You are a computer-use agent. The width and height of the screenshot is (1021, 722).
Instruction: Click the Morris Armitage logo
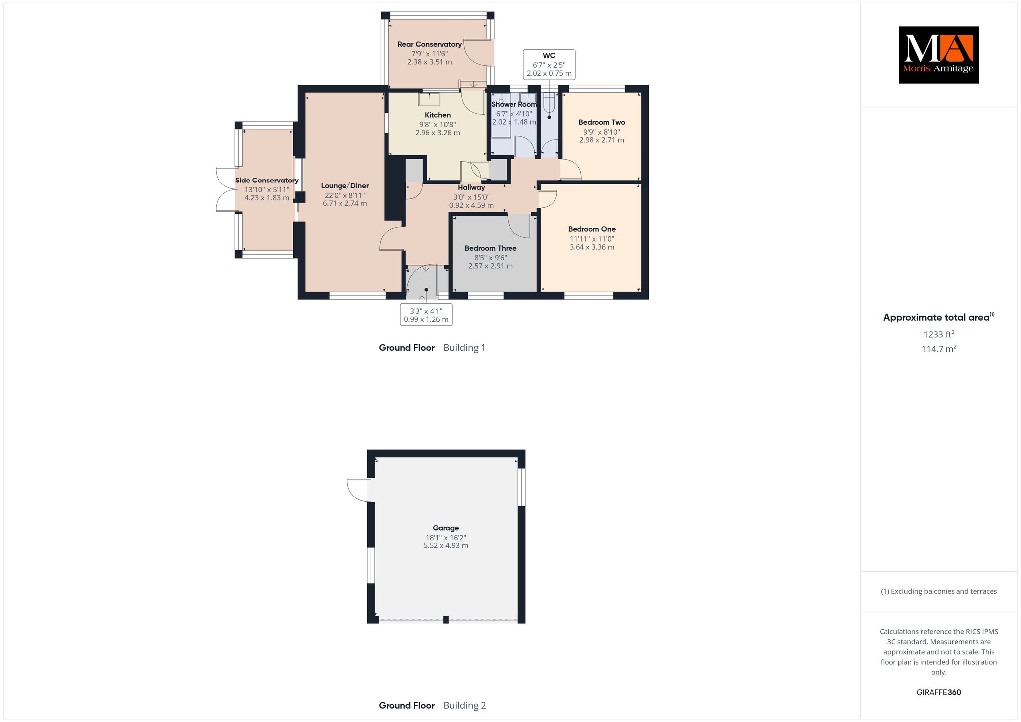(938, 55)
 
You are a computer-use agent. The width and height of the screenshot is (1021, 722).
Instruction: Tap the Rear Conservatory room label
(429, 44)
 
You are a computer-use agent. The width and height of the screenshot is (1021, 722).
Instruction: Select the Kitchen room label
(438, 115)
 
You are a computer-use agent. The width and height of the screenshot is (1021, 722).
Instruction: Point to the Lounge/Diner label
(345, 186)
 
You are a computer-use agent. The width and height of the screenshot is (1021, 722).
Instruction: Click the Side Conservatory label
(267, 180)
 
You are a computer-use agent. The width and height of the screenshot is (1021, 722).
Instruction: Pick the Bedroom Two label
(602, 122)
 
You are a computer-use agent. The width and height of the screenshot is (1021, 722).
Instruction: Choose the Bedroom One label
(592, 229)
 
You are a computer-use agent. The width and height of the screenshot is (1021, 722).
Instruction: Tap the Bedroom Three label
(491, 248)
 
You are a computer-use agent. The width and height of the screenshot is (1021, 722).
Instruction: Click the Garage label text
(446, 528)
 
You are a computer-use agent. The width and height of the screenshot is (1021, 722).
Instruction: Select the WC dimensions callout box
(549, 64)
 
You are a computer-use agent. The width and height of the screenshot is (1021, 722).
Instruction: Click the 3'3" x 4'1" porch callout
(426, 315)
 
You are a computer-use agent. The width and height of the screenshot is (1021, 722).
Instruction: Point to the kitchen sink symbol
(429, 100)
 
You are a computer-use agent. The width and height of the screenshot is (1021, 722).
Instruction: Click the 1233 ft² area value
(939, 334)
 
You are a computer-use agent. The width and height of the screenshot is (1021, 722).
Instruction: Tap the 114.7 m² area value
(939, 349)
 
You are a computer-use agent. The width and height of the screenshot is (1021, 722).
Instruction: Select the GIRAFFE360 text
(939, 692)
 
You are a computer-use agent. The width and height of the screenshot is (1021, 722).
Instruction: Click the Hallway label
(471, 188)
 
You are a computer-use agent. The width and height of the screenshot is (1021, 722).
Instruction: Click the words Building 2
(465, 705)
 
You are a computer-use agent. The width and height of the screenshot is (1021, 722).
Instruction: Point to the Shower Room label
(514, 104)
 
